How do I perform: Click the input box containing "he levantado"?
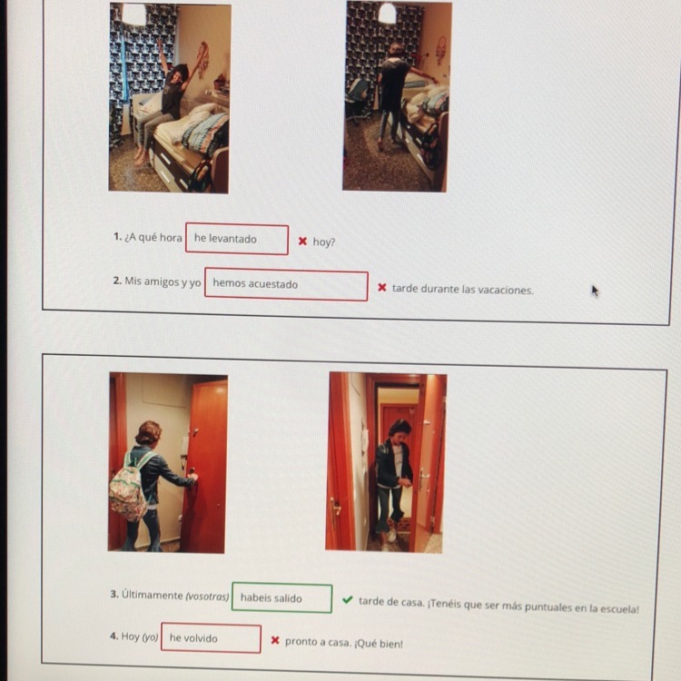point(237,239)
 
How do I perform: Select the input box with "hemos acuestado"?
point(286,284)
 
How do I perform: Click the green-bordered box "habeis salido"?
point(281,598)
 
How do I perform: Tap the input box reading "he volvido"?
point(211,638)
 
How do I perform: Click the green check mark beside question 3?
point(347,600)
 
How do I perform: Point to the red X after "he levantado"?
point(302,241)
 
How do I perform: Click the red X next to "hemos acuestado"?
point(382,288)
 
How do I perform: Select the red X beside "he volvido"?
point(275,640)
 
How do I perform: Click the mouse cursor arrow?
point(595,291)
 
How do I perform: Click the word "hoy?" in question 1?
point(324,242)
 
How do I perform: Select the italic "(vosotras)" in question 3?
point(207,597)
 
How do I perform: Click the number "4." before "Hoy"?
point(113,637)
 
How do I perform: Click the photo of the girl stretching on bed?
point(170,98)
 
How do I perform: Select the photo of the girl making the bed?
point(397,96)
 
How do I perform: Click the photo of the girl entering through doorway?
point(385,463)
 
